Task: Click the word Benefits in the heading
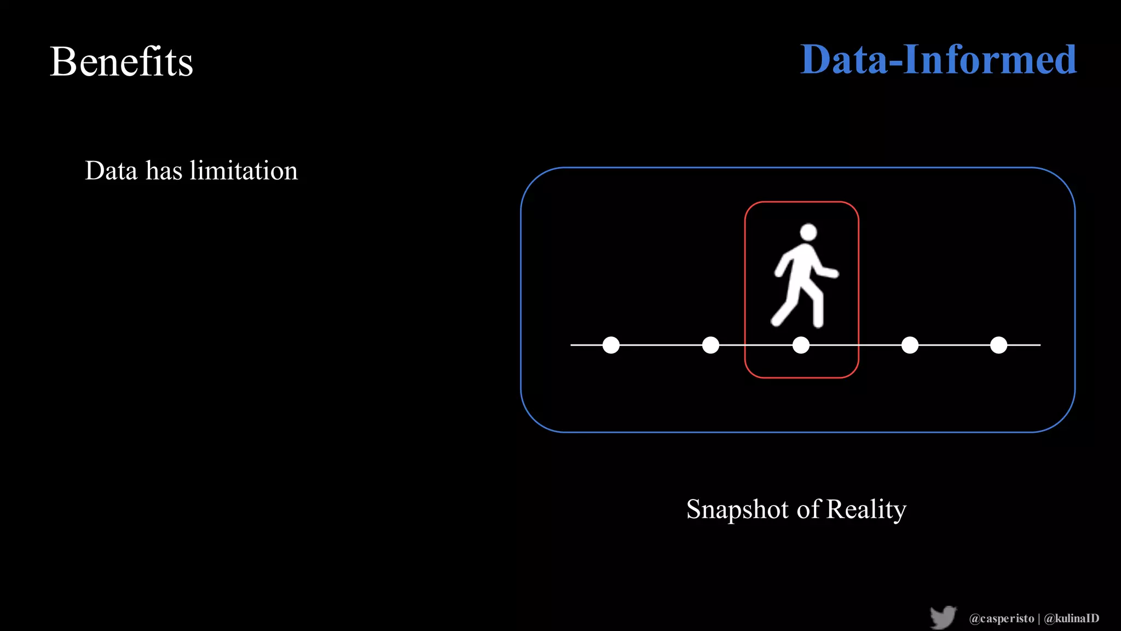pos(121,61)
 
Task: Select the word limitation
pos(244,170)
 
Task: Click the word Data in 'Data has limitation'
pos(111,170)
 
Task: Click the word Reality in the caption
pos(866,509)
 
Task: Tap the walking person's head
pos(808,232)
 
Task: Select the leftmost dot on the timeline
pos(611,345)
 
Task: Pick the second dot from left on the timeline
pos(710,345)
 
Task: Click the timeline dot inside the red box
pos(801,345)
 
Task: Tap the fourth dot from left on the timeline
pos(910,345)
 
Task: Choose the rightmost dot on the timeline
pos(998,345)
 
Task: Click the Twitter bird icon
pos(943,617)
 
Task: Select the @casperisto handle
pos(1001,618)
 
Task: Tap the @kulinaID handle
pos(1071,618)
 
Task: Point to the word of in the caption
pos(809,509)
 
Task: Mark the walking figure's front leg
pos(817,310)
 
